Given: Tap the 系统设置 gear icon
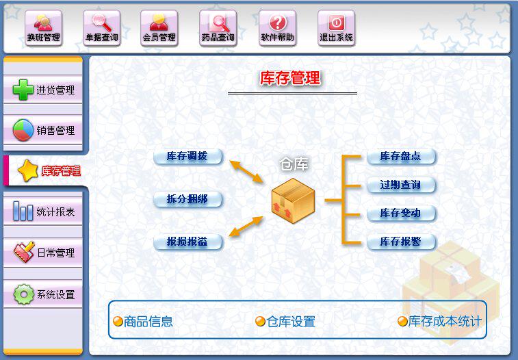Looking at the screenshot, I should coord(24,295).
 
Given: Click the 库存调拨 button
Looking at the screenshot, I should coord(188,156).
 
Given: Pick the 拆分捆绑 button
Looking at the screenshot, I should coord(188,199).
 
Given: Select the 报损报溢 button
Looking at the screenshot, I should coord(188,242).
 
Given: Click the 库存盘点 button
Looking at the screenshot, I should coord(401,156).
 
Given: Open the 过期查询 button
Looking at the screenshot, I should coord(401,185).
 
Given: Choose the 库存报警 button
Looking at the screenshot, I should coord(401,242).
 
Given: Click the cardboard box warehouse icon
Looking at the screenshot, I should coord(292,199).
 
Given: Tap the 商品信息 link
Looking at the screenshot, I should coord(143,321).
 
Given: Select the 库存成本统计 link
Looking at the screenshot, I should coord(440,321).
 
